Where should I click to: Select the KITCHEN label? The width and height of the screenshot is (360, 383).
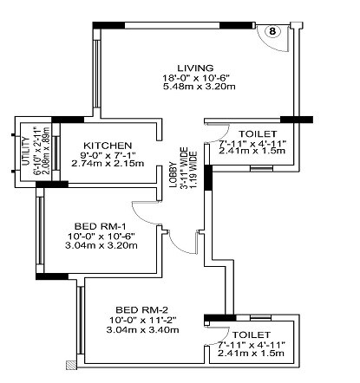click(x=108, y=144)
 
